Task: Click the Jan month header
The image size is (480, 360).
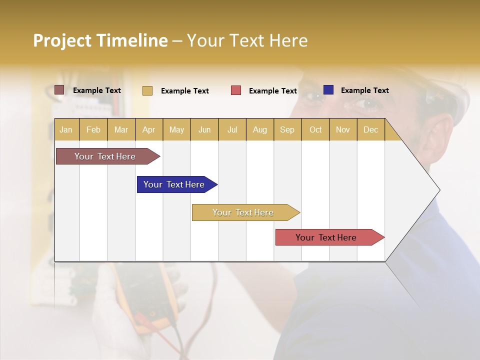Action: [66, 129]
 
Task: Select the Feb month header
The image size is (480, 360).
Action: [93, 129]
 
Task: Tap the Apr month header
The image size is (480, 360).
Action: [148, 129]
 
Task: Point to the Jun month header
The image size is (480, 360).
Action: [204, 129]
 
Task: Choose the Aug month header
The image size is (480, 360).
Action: [259, 129]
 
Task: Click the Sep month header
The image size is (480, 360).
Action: [287, 129]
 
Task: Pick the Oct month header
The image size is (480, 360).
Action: [315, 129]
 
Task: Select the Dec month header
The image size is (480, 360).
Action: [370, 129]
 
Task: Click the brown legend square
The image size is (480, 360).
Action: [59, 90]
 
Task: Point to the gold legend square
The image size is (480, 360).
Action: [147, 90]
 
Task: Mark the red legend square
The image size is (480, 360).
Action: [236, 90]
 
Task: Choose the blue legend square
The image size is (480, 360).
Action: [328, 90]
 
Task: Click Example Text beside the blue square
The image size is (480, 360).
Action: [364, 90]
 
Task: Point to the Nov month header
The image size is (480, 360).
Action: [342, 129]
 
